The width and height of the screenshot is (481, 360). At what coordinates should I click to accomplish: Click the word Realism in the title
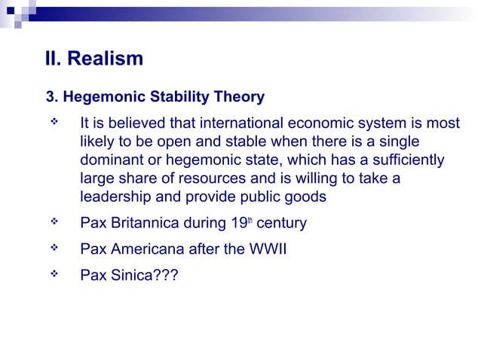point(106,58)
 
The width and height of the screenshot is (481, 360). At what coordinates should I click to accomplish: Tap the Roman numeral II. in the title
point(55,58)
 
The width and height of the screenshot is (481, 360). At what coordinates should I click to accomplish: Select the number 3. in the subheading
point(52,97)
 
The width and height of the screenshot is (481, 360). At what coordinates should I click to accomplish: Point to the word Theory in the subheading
point(237,97)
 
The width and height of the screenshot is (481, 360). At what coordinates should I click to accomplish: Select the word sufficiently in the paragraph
point(408,160)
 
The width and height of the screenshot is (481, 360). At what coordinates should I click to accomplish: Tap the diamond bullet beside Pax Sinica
point(55,274)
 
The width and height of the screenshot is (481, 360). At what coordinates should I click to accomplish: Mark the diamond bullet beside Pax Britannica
point(55,223)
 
